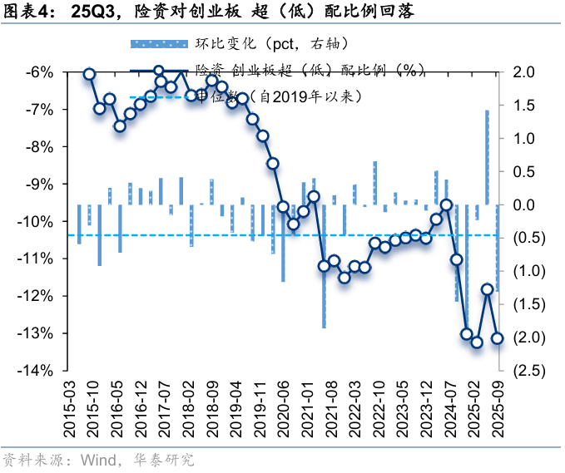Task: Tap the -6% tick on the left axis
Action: tap(41, 72)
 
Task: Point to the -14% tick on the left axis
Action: tap(38, 370)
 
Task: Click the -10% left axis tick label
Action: tap(38, 221)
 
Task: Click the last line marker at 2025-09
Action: tap(498, 338)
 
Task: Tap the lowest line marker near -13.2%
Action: tap(477, 342)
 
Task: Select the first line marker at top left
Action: tap(89, 75)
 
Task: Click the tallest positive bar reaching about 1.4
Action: tap(487, 157)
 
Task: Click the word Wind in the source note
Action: tap(97, 460)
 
